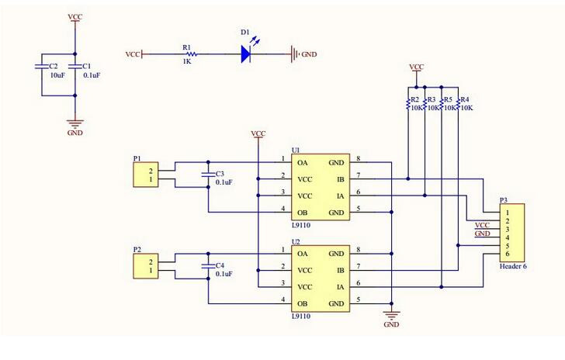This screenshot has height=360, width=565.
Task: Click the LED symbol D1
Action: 248,54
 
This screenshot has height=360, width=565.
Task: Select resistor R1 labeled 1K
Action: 189,54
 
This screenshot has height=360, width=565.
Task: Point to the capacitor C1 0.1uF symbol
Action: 75,68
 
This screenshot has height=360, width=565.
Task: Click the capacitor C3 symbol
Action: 207,175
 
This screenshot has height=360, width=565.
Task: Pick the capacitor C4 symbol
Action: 207,266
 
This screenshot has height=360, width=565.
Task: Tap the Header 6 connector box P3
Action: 511,233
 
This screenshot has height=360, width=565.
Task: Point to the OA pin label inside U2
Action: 303,254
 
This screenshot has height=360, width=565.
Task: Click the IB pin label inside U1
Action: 340,179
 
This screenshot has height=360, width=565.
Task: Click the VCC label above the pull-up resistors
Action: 416,67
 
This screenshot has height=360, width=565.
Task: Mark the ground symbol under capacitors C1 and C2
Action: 75,122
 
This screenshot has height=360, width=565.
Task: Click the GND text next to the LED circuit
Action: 309,55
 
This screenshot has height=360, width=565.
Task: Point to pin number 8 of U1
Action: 358,159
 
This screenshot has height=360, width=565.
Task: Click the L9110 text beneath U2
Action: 301,317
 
